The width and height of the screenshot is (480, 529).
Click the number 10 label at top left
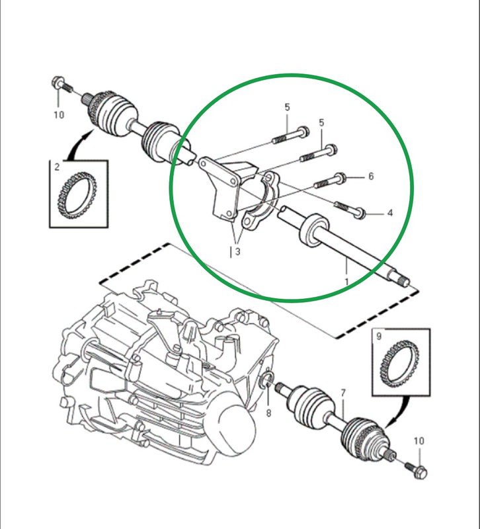point(59,114)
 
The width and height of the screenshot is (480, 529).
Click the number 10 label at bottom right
point(419,440)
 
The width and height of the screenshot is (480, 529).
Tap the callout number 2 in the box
point(57,167)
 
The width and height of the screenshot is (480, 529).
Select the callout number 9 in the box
point(379,336)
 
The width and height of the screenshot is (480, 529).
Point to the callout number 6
point(371,176)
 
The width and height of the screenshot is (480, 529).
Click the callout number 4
point(390,213)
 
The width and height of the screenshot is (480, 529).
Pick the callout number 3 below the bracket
point(238,251)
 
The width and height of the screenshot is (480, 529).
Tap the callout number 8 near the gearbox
point(268,413)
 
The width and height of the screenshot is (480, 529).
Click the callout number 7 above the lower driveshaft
point(343,393)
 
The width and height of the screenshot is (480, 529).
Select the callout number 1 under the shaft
point(346,282)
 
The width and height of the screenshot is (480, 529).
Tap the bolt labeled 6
point(329,181)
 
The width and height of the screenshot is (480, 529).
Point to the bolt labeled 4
point(350,209)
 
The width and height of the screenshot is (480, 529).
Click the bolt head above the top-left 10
point(58,81)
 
